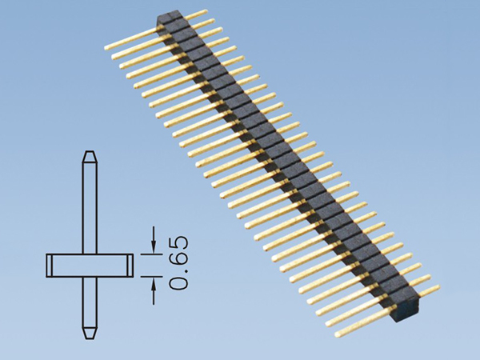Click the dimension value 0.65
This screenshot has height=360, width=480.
(179, 262)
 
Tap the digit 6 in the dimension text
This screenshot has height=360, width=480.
(179, 256)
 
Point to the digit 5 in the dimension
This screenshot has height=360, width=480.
(179, 242)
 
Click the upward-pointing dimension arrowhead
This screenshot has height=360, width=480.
(154, 284)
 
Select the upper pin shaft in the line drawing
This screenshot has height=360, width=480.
(90, 208)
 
